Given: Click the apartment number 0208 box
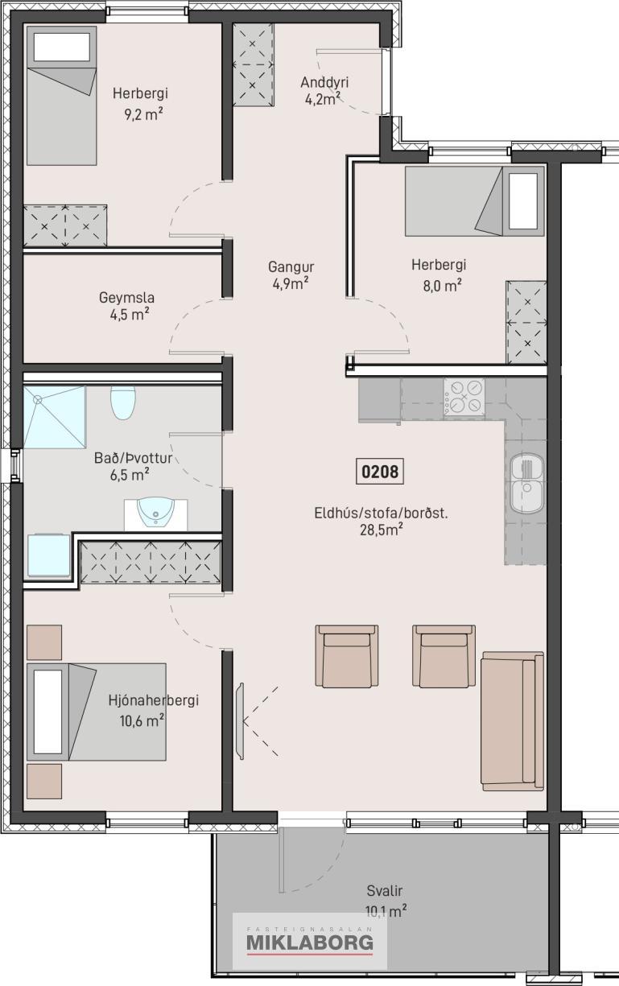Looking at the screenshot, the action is pyautogui.click(x=379, y=472).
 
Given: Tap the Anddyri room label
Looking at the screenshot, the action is pyautogui.click(x=324, y=82).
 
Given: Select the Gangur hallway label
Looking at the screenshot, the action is pyautogui.click(x=291, y=266).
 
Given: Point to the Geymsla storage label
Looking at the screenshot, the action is pyautogui.click(x=126, y=298).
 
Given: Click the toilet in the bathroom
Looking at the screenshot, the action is pyautogui.click(x=123, y=402).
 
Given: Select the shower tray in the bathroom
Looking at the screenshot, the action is pyautogui.click(x=55, y=417).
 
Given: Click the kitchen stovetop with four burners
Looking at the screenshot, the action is pyautogui.click(x=464, y=397).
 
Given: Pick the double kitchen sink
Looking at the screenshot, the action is pyautogui.click(x=527, y=484).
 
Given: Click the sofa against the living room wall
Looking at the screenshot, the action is pyautogui.click(x=512, y=721).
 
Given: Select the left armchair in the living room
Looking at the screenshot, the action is pyautogui.click(x=346, y=656).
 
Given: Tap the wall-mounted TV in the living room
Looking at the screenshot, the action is pyautogui.click(x=240, y=720).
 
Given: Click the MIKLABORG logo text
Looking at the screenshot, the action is pyautogui.click(x=310, y=943).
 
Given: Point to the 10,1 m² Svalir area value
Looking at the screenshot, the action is pyautogui.click(x=386, y=910).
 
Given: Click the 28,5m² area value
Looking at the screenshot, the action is pyautogui.click(x=382, y=530).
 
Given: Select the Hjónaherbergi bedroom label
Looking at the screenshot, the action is pyautogui.click(x=153, y=700).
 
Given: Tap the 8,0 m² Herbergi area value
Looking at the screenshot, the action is pyautogui.click(x=442, y=285).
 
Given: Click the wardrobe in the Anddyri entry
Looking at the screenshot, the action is pyautogui.click(x=253, y=64).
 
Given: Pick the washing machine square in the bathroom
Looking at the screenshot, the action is pyautogui.click(x=49, y=555).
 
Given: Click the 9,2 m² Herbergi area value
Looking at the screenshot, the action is pyautogui.click(x=143, y=114).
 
